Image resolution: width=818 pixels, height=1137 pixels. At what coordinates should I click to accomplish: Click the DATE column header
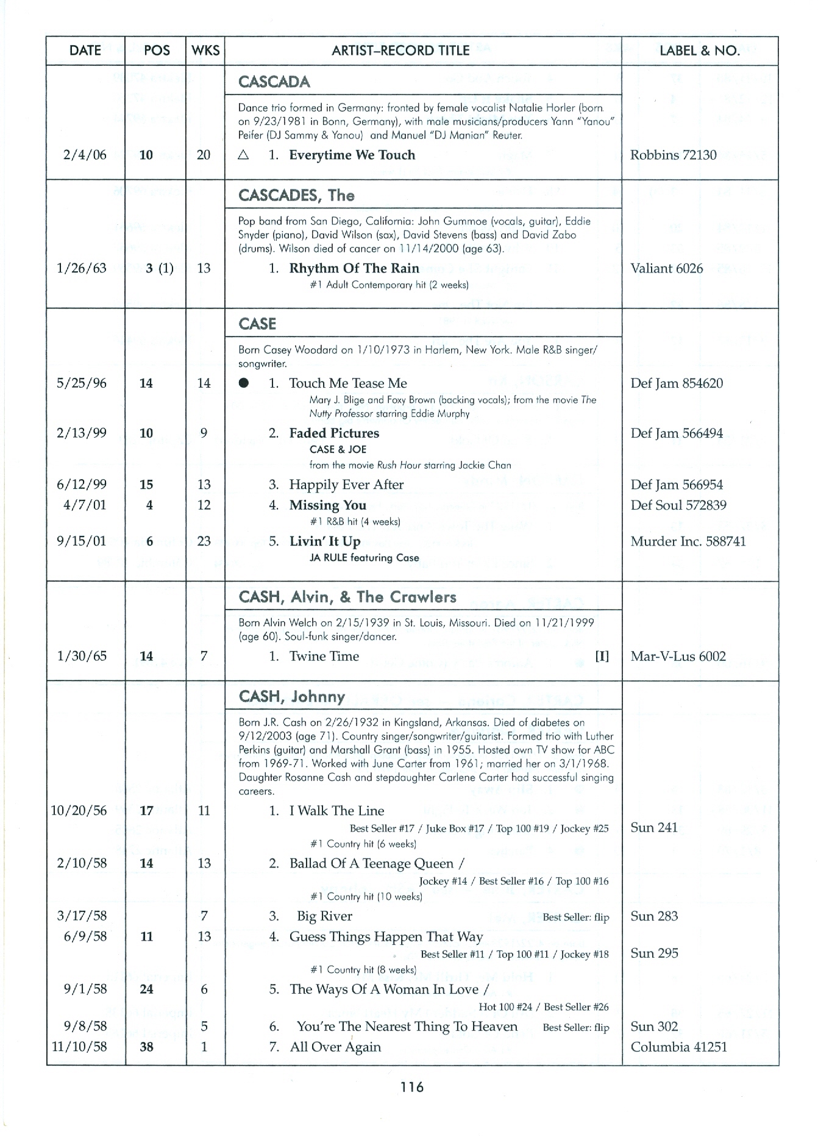[85, 51]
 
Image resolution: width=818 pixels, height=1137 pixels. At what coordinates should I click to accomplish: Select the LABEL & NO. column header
[700, 51]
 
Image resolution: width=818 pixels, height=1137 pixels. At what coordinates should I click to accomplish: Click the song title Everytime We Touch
[352, 155]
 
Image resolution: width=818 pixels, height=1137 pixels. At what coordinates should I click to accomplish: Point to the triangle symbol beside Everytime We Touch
[244, 155]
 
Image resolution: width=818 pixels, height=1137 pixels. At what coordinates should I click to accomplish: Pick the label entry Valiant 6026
[666, 268]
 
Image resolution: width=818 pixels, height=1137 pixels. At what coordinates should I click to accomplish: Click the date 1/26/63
[81, 268]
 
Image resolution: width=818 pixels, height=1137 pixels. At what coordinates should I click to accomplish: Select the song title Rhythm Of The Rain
[354, 268]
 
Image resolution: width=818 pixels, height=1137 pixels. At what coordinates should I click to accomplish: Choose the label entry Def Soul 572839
[678, 505]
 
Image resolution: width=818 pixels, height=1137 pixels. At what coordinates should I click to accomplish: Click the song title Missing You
[327, 505]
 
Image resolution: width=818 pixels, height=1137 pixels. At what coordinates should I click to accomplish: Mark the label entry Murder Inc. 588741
[688, 541]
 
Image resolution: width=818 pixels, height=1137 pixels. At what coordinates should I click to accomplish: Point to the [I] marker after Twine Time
[602, 657]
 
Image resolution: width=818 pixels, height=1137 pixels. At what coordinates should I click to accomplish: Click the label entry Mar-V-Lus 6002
[678, 657]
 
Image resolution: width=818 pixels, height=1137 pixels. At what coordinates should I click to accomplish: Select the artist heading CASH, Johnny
[292, 696]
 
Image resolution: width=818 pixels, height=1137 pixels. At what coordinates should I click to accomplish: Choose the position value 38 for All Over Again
[146, 1047]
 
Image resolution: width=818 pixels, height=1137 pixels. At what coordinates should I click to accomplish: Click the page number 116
[412, 1086]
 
